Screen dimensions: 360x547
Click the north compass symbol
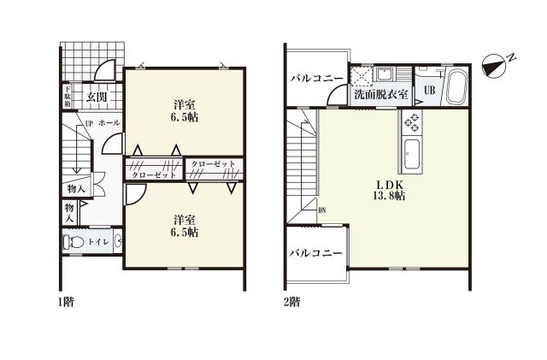tap(496, 62)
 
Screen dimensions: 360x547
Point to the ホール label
tap(109, 124)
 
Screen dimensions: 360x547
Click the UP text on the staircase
tap(88, 124)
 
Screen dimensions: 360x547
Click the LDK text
tap(380, 183)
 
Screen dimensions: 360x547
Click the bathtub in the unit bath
tap(454, 86)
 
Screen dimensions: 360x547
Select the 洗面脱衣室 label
tap(380, 94)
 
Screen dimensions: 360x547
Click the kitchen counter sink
tap(411, 154)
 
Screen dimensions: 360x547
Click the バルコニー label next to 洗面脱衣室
tap(315, 78)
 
